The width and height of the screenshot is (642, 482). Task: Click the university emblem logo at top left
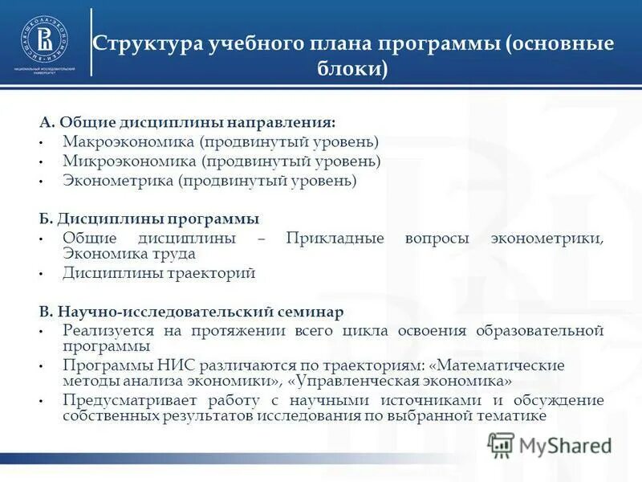point(44,39)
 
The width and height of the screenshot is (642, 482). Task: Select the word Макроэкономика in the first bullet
point(129,141)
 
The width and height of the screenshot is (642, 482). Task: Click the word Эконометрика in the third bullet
point(118,181)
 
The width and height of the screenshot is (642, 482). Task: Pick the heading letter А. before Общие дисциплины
point(47,122)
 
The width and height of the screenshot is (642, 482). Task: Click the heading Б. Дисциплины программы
point(149,219)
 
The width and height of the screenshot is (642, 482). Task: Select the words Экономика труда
point(129,254)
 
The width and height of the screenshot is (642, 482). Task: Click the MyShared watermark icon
point(501,443)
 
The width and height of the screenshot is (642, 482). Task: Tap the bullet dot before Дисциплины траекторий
point(39,275)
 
